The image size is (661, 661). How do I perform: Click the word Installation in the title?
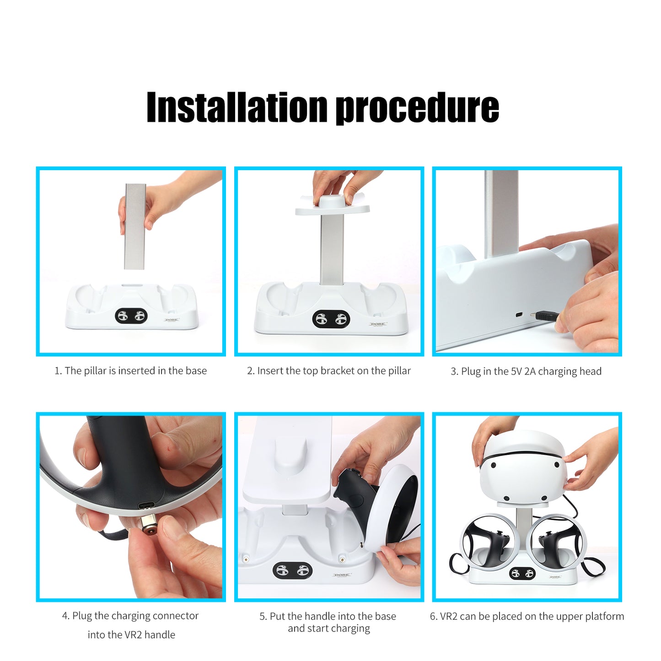(x=236, y=107)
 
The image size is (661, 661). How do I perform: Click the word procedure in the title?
(x=417, y=108)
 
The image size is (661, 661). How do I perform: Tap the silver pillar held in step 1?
(x=135, y=227)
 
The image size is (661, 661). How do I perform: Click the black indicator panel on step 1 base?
(x=131, y=316)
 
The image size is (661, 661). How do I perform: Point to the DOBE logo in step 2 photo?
(x=378, y=324)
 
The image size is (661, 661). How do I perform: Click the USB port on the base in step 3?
(x=519, y=315)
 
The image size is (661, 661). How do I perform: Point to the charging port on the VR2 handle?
(x=148, y=506)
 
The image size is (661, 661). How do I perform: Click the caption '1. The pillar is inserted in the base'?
(x=131, y=371)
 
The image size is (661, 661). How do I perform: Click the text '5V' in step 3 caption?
(x=516, y=371)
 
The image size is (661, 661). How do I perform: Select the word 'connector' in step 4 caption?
(x=176, y=616)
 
